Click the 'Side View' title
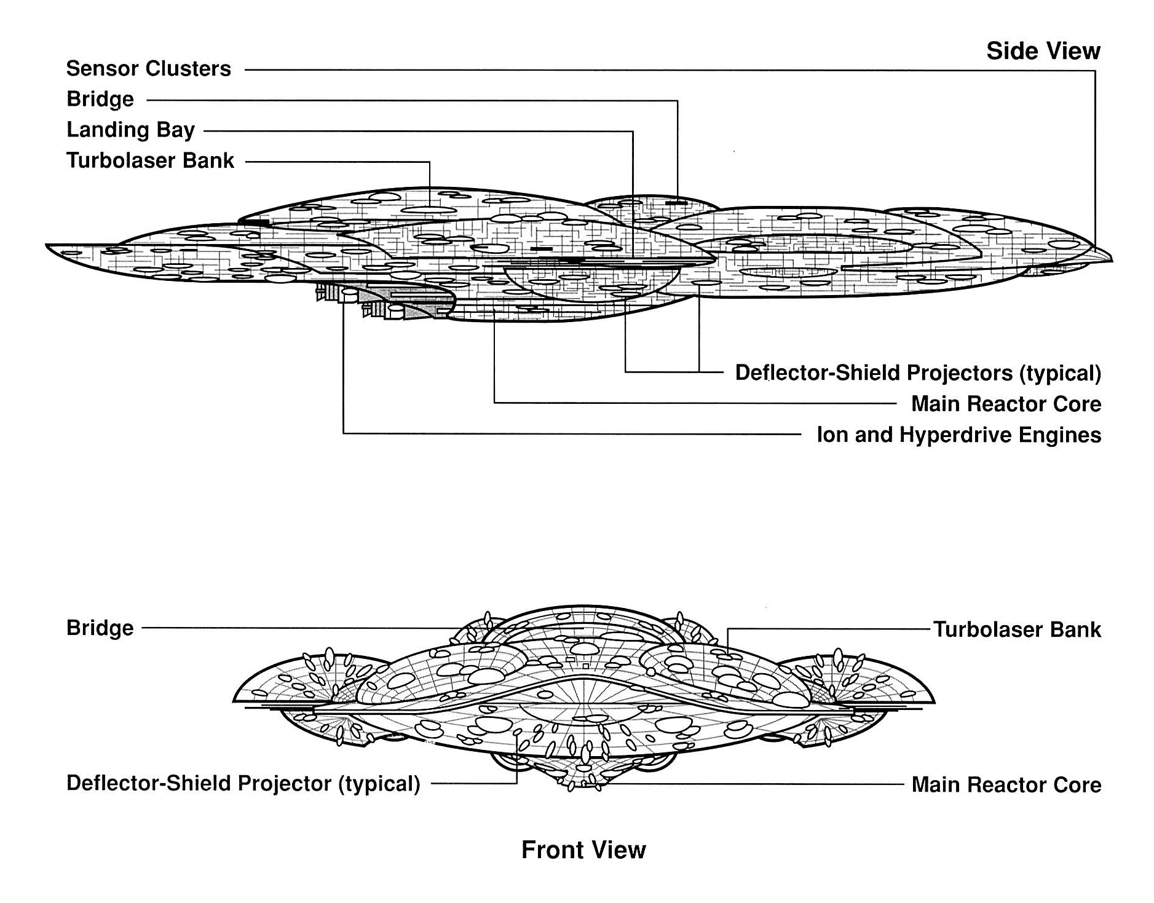click(1043, 51)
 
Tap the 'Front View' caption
click(583, 850)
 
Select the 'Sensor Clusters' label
click(148, 69)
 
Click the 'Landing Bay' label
click(130, 130)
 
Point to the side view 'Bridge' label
click(100, 100)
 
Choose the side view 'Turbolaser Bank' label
click(150, 160)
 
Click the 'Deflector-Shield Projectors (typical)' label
click(917, 373)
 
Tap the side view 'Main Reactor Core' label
click(1006, 404)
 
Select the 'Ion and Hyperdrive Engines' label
click(958, 435)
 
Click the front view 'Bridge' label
click(100, 628)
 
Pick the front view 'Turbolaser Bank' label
click(1017, 629)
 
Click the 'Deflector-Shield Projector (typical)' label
click(243, 784)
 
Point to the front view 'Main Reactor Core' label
click(1006, 785)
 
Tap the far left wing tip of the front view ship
click(234, 701)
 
